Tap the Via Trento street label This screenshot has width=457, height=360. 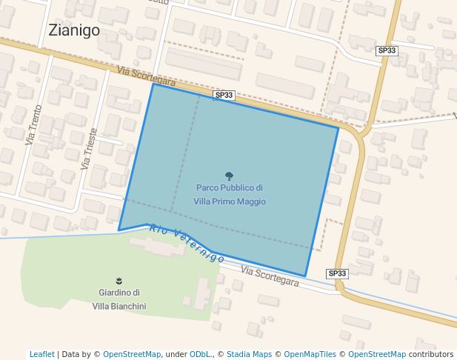point(34,124)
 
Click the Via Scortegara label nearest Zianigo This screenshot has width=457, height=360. point(146,76)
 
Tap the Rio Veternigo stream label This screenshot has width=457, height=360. point(187,243)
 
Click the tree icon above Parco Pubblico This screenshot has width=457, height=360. point(229,176)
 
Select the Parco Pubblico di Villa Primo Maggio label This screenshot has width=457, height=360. point(230,195)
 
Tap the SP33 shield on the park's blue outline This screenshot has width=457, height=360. point(224,95)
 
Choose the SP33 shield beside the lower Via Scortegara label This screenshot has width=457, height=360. point(337,273)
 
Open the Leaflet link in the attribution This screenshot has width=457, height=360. point(41,354)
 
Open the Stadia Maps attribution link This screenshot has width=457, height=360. point(249,354)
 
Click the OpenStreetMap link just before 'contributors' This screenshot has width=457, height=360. point(377,354)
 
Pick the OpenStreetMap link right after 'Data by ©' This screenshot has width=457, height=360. point(132,354)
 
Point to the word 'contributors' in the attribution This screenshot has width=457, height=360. point(431,354)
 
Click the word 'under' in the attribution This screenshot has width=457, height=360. point(176,354)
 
